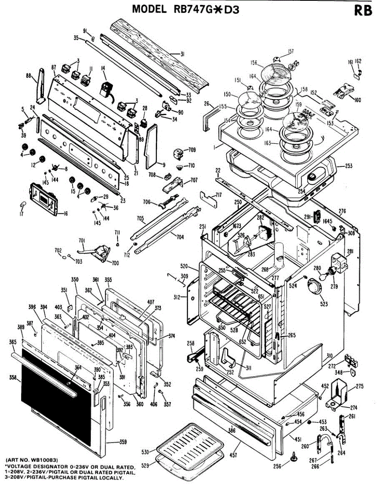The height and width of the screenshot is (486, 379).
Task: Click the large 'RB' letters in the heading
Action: coord(362,11)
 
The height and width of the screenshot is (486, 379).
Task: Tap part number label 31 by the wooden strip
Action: coord(182,53)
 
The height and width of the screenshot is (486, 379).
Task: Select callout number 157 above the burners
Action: coord(291,51)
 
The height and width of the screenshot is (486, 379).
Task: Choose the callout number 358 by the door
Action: coord(13,377)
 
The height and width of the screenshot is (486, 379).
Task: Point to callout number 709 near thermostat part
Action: coord(192,150)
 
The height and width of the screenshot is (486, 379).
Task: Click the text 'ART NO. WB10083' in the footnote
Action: coord(32,460)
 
